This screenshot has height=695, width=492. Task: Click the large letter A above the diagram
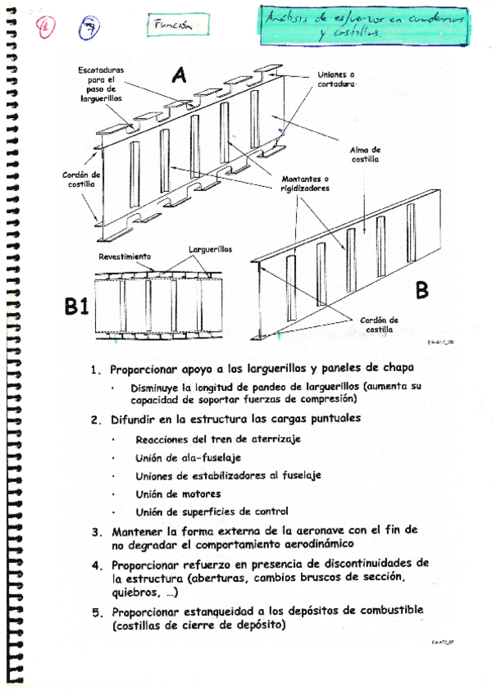click(179, 76)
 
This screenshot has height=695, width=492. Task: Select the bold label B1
click(78, 307)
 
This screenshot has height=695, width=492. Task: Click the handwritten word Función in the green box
click(172, 25)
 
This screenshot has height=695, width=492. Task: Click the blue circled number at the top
click(90, 29)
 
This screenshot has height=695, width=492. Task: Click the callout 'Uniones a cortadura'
click(336, 79)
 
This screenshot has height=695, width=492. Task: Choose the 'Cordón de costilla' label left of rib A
click(82, 179)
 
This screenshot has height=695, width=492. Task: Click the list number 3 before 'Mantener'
click(96, 531)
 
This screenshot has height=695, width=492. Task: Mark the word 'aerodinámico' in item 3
click(311, 544)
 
